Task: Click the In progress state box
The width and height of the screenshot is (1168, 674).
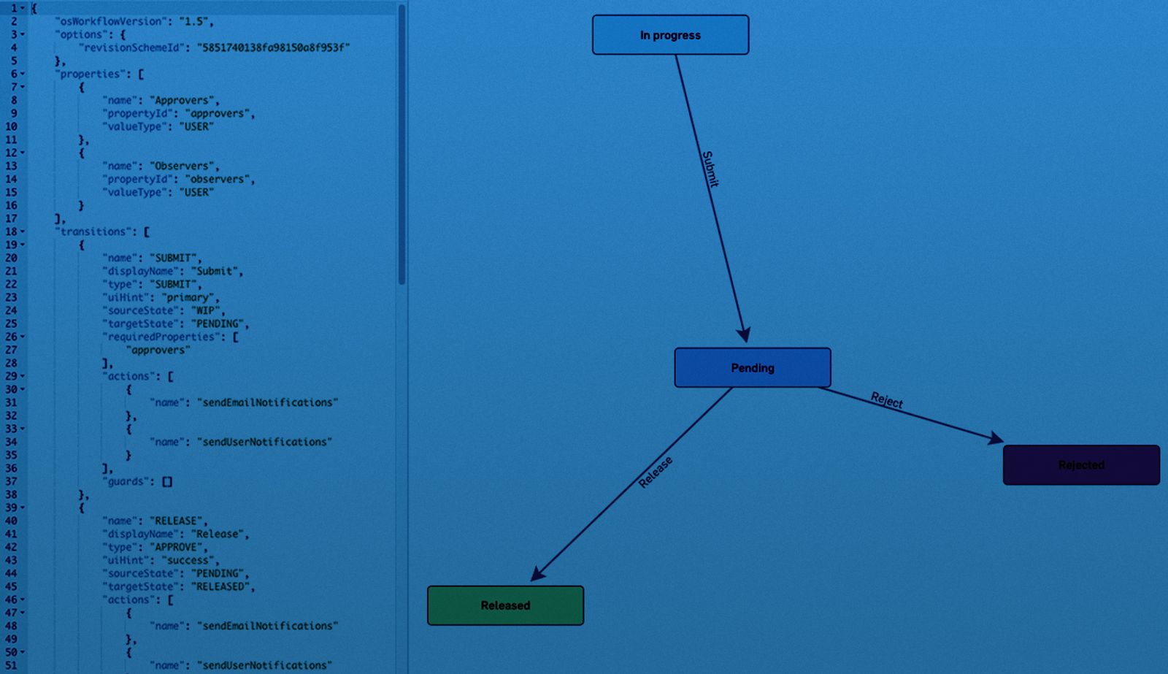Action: (x=670, y=35)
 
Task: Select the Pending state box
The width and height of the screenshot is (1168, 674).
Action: (x=752, y=367)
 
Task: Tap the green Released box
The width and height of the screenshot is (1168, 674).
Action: (x=505, y=605)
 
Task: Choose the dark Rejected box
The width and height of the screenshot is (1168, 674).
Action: (x=1081, y=465)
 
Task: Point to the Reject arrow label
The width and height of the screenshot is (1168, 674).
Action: (x=887, y=399)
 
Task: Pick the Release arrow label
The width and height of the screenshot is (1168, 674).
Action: (x=655, y=472)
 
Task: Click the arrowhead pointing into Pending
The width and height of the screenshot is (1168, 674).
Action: (x=744, y=334)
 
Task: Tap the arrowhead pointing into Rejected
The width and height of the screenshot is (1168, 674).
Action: (x=996, y=438)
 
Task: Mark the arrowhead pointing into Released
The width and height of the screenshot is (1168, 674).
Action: (x=538, y=574)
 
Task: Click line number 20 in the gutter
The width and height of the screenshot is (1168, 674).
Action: (x=11, y=258)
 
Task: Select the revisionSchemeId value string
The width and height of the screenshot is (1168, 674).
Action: (x=273, y=47)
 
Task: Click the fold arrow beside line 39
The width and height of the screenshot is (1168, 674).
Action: (x=23, y=508)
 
